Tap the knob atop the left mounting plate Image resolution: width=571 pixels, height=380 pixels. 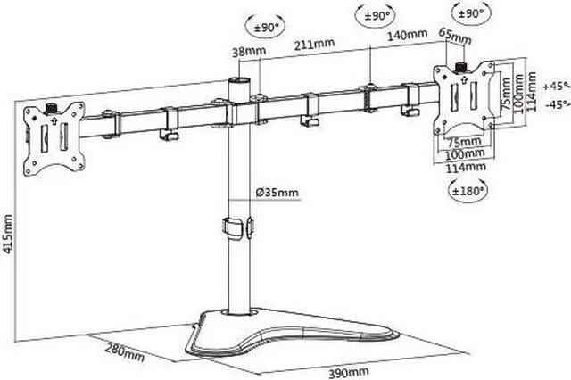[51, 108]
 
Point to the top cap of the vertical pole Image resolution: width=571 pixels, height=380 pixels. [238, 82]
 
